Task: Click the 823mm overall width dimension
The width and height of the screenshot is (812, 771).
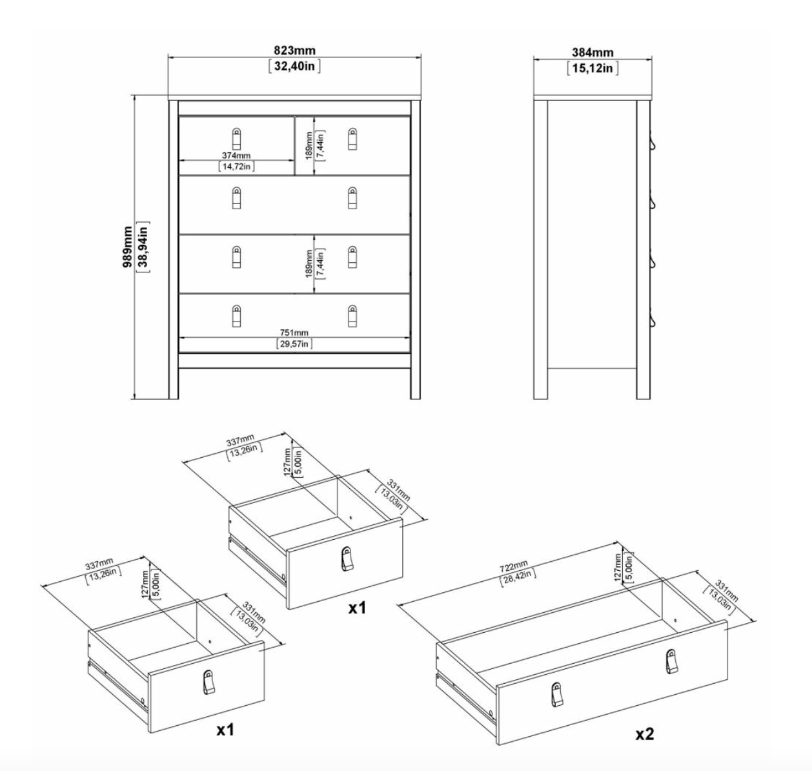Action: [294, 50]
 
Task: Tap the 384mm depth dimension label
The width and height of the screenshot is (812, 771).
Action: [593, 52]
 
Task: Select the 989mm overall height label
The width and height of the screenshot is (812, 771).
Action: [127, 247]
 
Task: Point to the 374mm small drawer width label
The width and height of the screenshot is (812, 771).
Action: [236, 156]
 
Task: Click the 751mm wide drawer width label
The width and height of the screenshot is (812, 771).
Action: [294, 333]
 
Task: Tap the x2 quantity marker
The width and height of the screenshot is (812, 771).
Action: [644, 734]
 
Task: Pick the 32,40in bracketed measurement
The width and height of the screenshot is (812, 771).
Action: [294, 66]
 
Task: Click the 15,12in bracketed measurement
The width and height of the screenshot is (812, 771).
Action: [593, 68]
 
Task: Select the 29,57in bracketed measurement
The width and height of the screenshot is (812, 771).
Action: [294, 344]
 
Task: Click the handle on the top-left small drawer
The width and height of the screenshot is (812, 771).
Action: [236, 138]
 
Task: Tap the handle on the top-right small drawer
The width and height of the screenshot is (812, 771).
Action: [352, 138]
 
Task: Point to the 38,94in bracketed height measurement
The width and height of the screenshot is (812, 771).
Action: [143, 247]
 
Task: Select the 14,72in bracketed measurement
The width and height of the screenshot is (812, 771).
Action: [236, 167]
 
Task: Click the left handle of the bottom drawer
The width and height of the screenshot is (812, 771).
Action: [236, 316]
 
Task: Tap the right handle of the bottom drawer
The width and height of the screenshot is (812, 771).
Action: [352, 316]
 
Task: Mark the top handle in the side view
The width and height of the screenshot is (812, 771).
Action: [653, 143]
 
